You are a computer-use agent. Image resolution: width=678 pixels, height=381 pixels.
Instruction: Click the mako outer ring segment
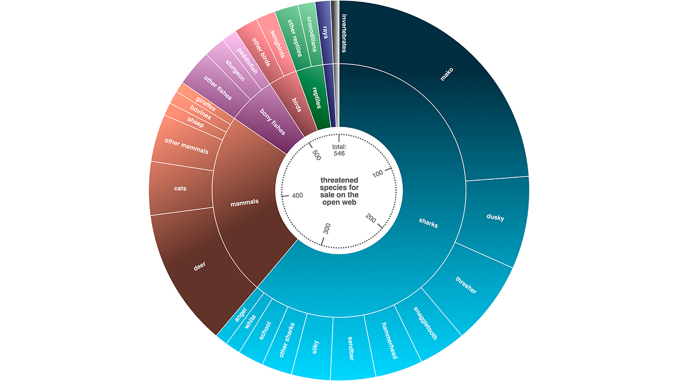click(448, 75)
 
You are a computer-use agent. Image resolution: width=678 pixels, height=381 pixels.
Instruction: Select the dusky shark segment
click(495, 217)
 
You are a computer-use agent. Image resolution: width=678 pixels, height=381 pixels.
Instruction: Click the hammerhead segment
click(389, 340)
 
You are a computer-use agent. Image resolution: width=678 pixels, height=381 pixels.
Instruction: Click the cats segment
click(180, 188)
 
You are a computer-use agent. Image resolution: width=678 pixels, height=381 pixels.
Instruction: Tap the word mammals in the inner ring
click(244, 201)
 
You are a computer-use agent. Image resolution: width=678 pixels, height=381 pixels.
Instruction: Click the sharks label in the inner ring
click(428, 223)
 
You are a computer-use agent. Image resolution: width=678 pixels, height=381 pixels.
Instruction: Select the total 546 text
click(339, 150)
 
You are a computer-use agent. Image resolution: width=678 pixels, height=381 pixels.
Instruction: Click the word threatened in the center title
click(339, 180)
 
